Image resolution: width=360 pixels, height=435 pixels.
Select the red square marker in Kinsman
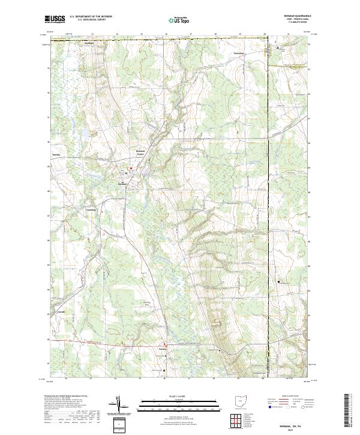128,169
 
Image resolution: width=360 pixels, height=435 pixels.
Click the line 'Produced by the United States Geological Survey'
69,397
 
